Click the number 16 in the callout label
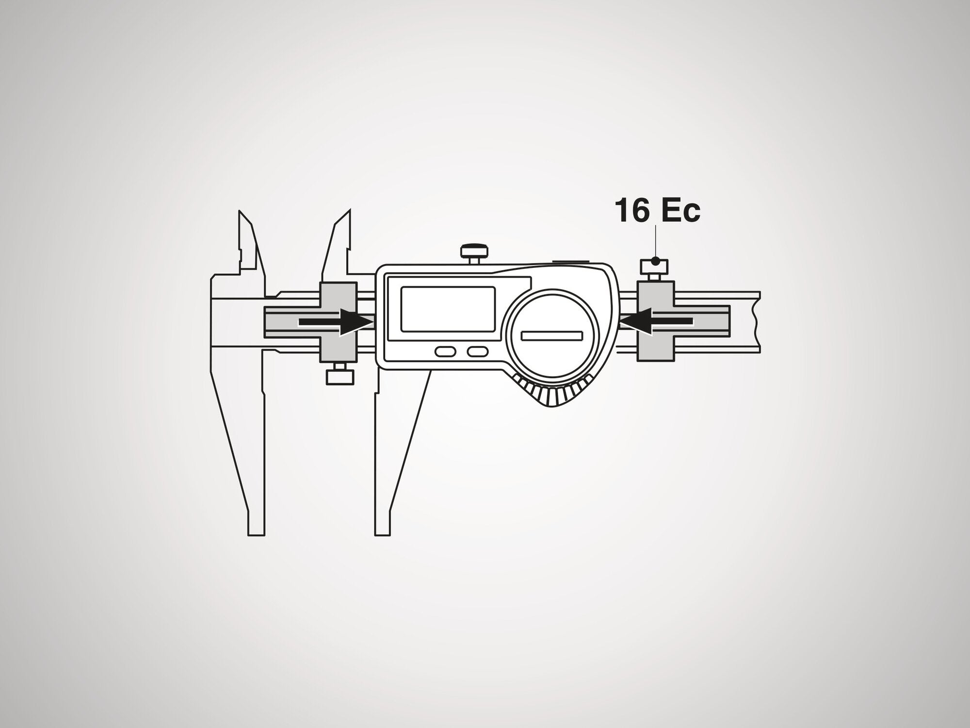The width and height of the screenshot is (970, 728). pyautogui.click(x=629, y=211)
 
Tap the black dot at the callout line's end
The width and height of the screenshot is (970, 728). pyautogui.click(x=655, y=261)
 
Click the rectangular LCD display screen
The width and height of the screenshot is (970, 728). pyautogui.click(x=448, y=309)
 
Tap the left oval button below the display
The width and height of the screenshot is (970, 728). pyautogui.click(x=444, y=351)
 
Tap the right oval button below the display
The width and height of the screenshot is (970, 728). pyautogui.click(x=477, y=351)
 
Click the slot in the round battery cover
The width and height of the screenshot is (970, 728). pyautogui.click(x=551, y=335)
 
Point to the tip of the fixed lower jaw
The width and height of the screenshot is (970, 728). pyautogui.click(x=257, y=535)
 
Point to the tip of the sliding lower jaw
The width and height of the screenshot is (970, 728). pyautogui.click(x=383, y=535)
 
